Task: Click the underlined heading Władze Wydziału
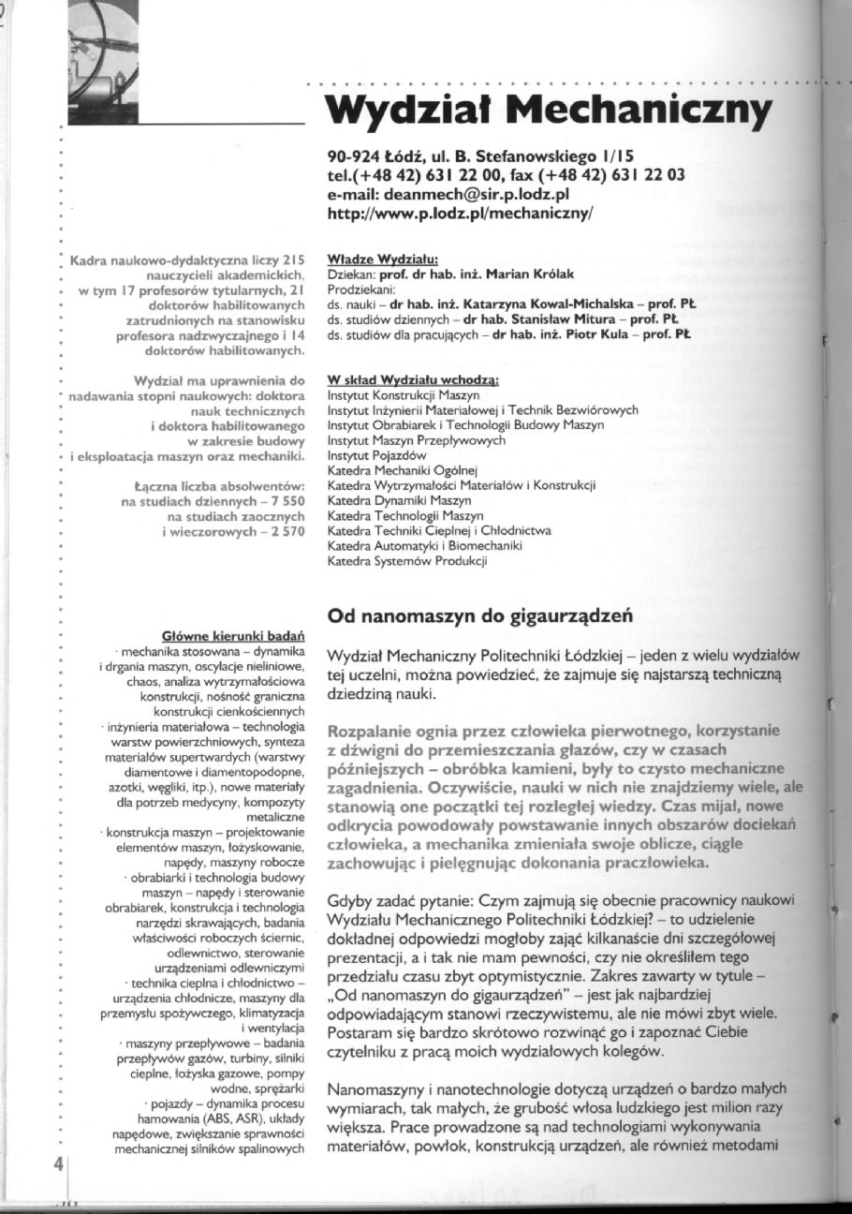(x=383, y=259)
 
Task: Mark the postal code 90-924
(x=353, y=156)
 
